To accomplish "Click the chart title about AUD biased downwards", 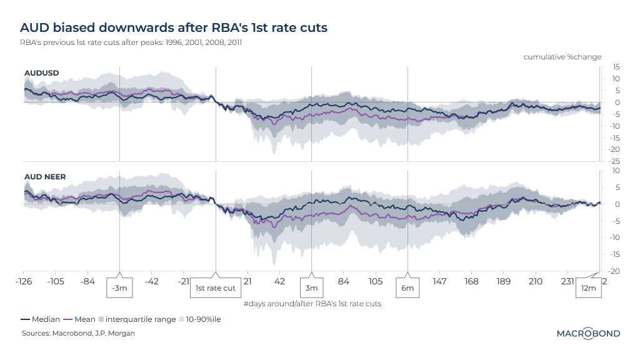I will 174,28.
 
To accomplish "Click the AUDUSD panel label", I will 41,72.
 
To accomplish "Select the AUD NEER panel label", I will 44,177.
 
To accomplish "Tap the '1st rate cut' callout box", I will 216,288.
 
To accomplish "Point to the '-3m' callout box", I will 119,288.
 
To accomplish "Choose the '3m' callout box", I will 312,288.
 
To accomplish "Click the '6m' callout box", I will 407,288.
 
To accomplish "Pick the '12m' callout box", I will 588,288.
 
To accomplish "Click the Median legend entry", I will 41,319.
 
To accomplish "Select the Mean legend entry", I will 82,319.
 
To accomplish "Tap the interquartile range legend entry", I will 137,319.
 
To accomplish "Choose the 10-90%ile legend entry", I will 201,319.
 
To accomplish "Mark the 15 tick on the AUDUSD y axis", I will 616,67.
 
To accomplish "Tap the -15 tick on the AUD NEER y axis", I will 615,254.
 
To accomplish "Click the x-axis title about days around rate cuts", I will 312,304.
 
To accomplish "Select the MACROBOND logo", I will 588,333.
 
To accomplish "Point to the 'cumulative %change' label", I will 562,57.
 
